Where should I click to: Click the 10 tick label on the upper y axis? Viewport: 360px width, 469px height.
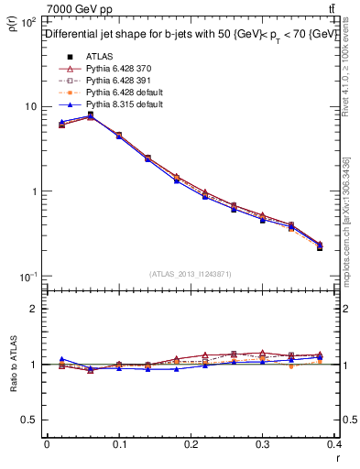(x=29, y=106)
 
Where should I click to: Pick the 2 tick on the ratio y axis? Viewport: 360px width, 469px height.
(x=33, y=309)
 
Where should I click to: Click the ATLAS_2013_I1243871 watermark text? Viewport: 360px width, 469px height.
(x=191, y=274)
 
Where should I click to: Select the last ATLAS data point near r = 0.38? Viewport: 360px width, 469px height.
(x=320, y=247)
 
